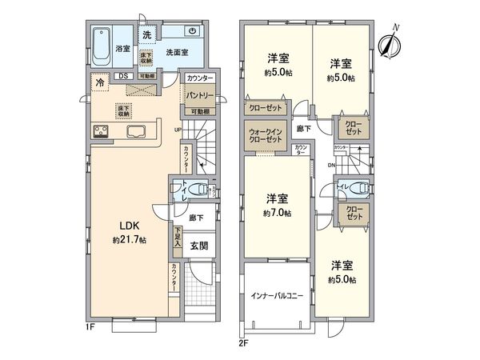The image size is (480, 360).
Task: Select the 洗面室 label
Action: tap(177, 52)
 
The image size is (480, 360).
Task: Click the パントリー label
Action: tap(199, 95)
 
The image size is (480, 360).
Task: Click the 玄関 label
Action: tap(199, 246)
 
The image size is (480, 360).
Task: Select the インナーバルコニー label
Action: tap(274, 295)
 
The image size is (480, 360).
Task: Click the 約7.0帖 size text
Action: tap(277, 214)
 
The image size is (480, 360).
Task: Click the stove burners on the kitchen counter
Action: tap(103, 132)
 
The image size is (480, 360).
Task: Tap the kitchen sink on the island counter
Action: tap(135, 132)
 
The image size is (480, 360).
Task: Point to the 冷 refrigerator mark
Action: tap(100, 82)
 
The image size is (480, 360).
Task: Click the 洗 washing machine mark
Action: tap(146, 34)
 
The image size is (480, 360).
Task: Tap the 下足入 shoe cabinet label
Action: tap(177, 237)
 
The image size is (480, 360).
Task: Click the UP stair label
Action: tap(178, 130)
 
